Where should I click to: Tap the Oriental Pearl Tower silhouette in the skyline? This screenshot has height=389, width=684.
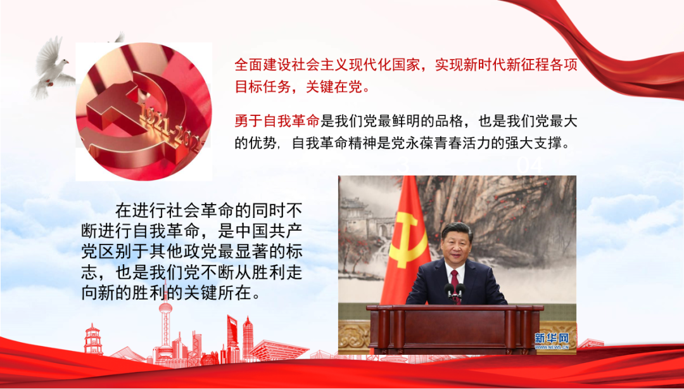point(165,329)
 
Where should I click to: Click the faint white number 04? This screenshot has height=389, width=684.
point(530,166)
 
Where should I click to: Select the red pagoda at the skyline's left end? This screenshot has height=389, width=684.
point(92,339)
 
